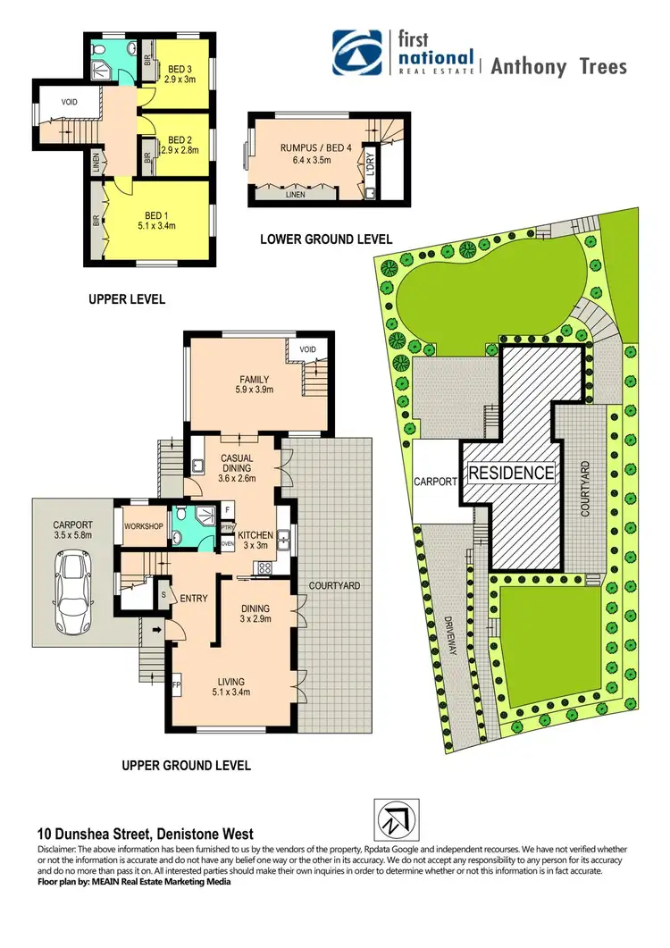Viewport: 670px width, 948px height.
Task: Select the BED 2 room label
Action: point(180,140)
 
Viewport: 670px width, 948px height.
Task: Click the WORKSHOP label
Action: point(144,526)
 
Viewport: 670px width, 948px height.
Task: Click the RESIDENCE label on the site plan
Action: point(512,472)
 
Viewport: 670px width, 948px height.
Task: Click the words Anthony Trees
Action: point(560,67)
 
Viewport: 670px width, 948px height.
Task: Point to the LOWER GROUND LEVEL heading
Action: point(326,239)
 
